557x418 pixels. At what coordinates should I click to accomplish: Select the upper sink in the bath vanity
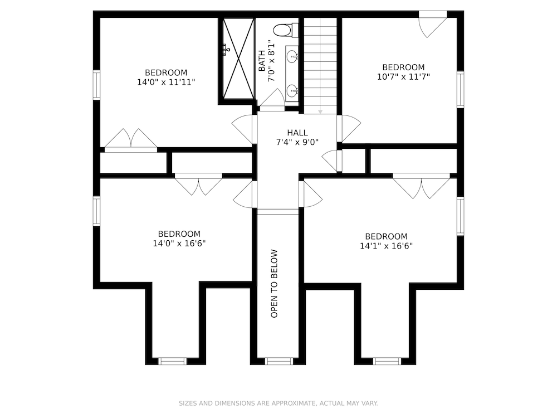292,56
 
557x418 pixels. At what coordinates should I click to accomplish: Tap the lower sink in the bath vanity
292,89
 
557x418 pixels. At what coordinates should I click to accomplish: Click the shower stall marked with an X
238,58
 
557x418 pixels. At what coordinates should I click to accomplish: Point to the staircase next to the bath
320,64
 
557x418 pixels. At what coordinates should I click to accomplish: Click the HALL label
297,132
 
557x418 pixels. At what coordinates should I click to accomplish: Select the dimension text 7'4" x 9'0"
297,142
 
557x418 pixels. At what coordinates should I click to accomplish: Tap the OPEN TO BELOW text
274,284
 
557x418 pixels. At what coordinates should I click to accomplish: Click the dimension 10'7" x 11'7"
403,77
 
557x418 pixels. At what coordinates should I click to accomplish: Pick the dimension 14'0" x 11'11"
166,82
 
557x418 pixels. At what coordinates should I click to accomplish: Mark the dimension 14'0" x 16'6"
179,244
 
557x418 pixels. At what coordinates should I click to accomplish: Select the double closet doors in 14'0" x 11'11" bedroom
131,139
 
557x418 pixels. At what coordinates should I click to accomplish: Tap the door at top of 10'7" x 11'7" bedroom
433,23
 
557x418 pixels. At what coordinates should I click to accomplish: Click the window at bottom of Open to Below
279,361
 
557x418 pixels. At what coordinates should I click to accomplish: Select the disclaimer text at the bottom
278,403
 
